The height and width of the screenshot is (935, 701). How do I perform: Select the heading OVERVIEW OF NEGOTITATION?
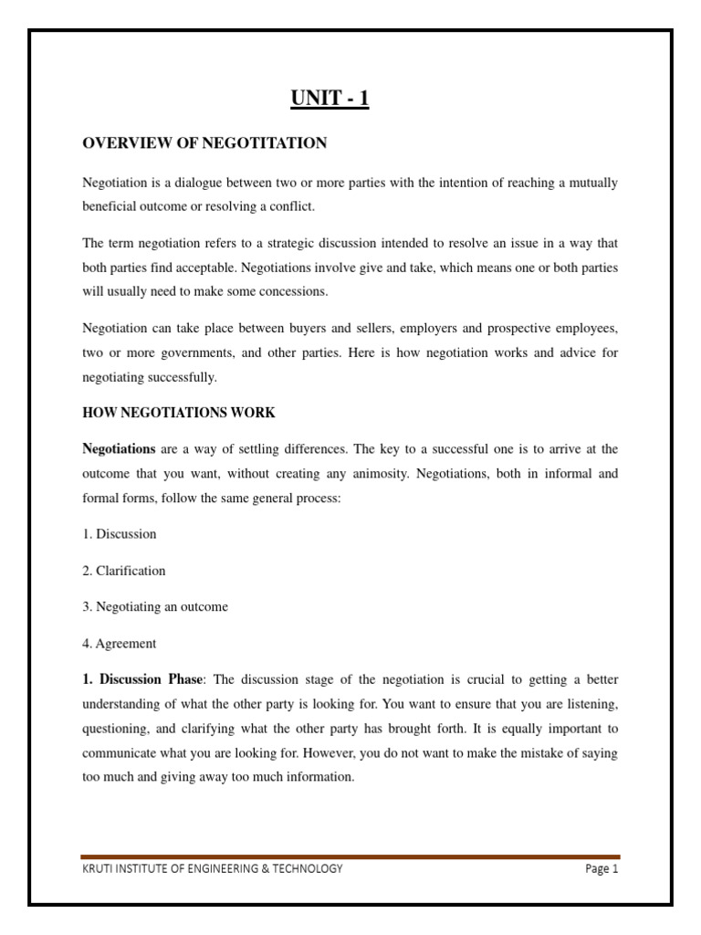(x=204, y=142)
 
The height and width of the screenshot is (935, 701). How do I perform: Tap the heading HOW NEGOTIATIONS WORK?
(x=179, y=413)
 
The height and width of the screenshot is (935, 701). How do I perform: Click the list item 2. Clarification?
(x=124, y=571)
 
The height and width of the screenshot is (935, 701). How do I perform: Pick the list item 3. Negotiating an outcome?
(x=155, y=607)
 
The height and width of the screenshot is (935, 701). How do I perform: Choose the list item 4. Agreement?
(x=120, y=644)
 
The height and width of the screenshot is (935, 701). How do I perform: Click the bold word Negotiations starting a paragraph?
(x=120, y=449)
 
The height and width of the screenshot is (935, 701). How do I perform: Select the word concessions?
(x=293, y=292)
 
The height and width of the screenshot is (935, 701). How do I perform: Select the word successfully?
(x=179, y=377)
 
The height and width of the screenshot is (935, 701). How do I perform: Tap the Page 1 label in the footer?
(x=602, y=868)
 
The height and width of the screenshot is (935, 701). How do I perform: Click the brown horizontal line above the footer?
(x=350, y=856)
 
